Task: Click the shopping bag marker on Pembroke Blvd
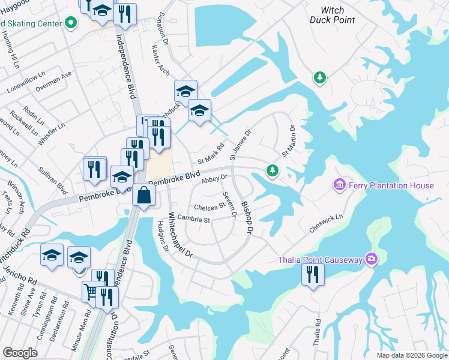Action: (x=144, y=195)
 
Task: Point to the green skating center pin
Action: (x=71, y=23)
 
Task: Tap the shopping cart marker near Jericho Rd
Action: (x=90, y=292)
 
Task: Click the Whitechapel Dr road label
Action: (x=179, y=235)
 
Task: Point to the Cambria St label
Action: (x=193, y=220)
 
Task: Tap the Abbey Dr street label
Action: (x=214, y=178)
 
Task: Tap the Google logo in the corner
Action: (x=19, y=353)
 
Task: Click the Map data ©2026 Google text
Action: (x=412, y=355)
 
